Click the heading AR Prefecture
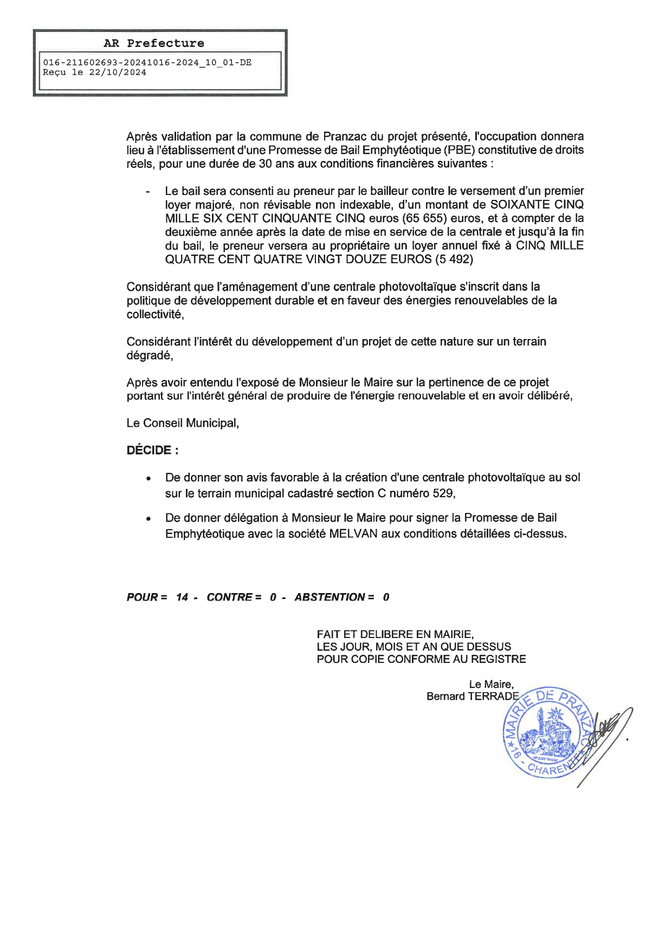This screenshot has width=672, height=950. tap(154, 43)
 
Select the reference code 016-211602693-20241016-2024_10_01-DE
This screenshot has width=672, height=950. tap(147, 63)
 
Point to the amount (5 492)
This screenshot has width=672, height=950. tap(454, 259)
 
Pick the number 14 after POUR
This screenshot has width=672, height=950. tap(182, 597)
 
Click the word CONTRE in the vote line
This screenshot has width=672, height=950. tap(230, 597)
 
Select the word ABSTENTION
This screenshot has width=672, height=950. tap(330, 597)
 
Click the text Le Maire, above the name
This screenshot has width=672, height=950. tap(491, 685)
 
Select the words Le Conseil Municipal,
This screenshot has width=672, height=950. tap(183, 423)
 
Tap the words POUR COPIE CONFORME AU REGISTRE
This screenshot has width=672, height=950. tap(421, 659)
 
